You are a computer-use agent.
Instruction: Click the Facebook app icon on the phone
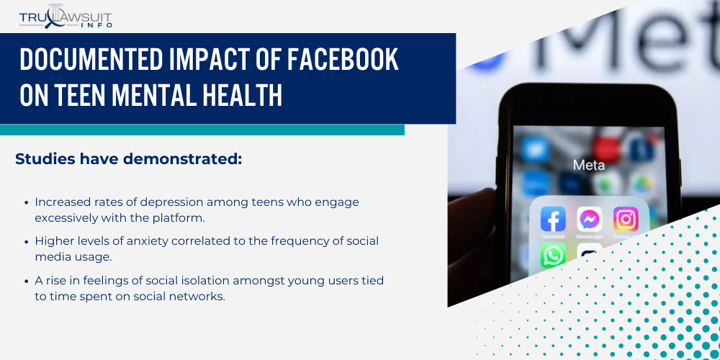[x=553, y=219]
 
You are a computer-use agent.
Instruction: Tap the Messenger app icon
[x=590, y=219]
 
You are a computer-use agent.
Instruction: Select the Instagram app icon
[x=626, y=219]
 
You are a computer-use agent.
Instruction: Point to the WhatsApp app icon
[x=553, y=256]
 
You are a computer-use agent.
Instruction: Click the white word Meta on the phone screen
[x=589, y=165]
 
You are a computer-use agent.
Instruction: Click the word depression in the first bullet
[x=179, y=202]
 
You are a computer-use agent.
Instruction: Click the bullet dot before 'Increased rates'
[x=27, y=202]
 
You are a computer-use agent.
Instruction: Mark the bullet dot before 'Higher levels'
[x=27, y=241]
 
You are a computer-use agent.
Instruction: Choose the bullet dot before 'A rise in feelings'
[x=27, y=280]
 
